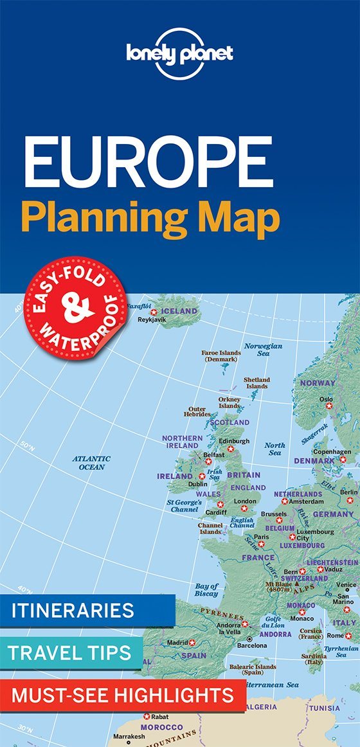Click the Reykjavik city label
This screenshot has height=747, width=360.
click(x=148, y=319)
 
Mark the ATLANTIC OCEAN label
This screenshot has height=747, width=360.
click(x=91, y=463)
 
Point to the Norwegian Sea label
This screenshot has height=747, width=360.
click(x=263, y=350)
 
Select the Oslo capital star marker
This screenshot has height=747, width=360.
click(x=328, y=406)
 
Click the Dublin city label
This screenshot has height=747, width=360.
click(x=197, y=484)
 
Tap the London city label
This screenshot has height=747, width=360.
click(x=245, y=501)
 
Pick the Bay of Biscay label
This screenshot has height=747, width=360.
click(x=206, y=589)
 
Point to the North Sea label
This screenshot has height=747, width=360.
click(x=274, y=449)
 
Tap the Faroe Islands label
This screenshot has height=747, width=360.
click(x=221, y=356)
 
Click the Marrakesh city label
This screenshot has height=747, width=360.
click(x=129, y=736)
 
